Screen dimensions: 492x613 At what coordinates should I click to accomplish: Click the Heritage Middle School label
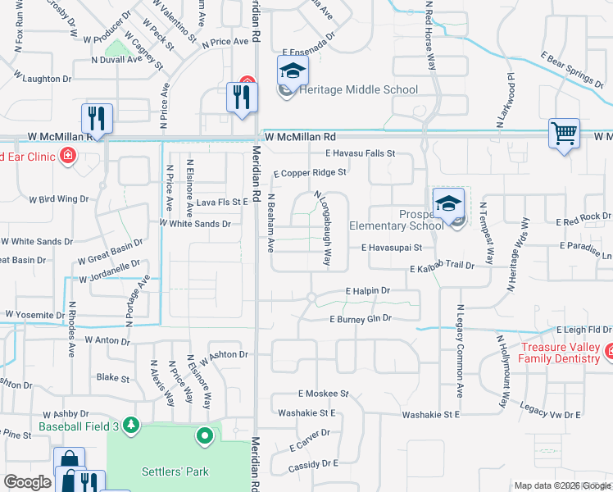pyautogui.click(x=359, y=89)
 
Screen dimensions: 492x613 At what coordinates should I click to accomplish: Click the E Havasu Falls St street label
pyautogui.click(x=360, y=153)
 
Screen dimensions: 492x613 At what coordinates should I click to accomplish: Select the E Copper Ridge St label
pyautogui.click(x=310, y=173)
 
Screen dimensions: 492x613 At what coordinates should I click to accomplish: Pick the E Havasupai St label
pyautogui.click(x=391, y=247)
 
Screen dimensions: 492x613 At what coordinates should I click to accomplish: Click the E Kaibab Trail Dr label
pyautogui.click(x=443, y=267)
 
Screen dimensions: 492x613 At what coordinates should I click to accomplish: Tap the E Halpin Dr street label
pyautogui.click(x=367, y=290)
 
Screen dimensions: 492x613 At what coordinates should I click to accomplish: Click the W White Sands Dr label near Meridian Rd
pyautogui.click(x=194, y=223)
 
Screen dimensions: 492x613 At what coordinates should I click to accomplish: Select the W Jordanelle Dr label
pyautogui.click(x=110, y=271)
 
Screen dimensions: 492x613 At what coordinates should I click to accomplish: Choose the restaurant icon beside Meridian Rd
pyautogui.click(x=242, y=98)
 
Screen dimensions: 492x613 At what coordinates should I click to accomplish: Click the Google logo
pyautogui.click(x=26, y=483)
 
